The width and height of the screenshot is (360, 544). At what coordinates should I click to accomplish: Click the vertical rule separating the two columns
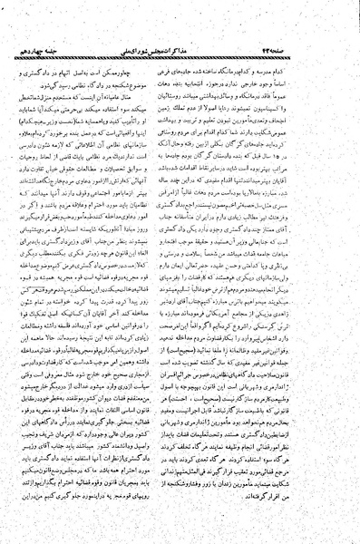180,272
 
